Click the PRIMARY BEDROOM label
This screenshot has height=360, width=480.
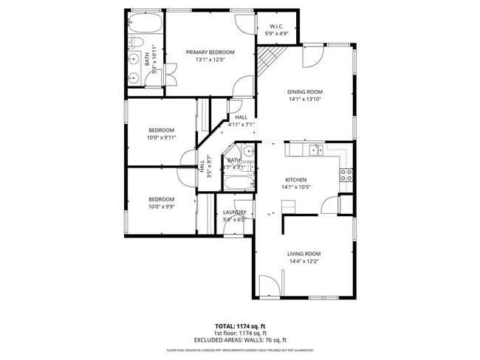coord(210,52)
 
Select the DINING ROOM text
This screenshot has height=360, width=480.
coord(305,92)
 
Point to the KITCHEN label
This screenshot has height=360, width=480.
coord(296,179)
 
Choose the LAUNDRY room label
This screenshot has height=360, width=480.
coord(235,212)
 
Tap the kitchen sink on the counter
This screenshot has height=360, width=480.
coord(315,150)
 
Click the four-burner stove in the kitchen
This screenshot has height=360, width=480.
coord(346,175)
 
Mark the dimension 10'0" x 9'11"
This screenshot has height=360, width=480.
coord(161,137)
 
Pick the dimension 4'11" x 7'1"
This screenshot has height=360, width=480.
coord(241,125)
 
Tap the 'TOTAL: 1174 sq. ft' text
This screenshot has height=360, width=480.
coord(240,325)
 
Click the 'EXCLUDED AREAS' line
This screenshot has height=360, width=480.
coord(240,339)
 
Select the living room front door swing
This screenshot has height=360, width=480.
coord(273,284)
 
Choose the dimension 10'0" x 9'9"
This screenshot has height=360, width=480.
coord(161,207)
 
